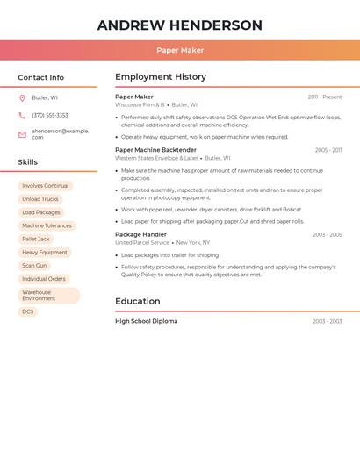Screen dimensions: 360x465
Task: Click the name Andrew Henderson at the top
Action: tap(180, 25)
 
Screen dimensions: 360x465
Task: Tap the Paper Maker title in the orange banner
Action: tap(180, 50)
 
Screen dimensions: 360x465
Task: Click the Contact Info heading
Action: tap(40, 77)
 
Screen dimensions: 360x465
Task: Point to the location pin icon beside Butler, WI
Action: tap(22, 97)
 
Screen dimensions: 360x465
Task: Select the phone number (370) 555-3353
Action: tap(50, 115)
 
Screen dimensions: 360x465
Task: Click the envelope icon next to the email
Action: tap(22, 134)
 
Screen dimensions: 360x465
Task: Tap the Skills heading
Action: tap(27, 162)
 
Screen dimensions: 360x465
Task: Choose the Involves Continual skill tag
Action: tap(46, 186)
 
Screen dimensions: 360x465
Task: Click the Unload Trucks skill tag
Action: tap(40, 199)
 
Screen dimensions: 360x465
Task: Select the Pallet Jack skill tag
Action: tap(36, 239)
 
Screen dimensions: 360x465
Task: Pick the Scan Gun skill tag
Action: tap(34, 265)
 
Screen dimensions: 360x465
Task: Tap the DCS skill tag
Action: tap(28, 311)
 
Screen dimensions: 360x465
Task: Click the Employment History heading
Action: tap(161, 77)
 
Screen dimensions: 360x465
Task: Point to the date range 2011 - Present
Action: tap(324, 97)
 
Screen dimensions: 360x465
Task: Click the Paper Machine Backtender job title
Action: tap(155, 150)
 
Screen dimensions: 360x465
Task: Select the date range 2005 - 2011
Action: tap(328, 150)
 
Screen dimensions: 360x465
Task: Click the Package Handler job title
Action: tap(140, 234)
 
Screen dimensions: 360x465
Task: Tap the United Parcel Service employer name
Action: tap(142, 242)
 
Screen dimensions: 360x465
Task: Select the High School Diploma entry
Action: tap(146, 321)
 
